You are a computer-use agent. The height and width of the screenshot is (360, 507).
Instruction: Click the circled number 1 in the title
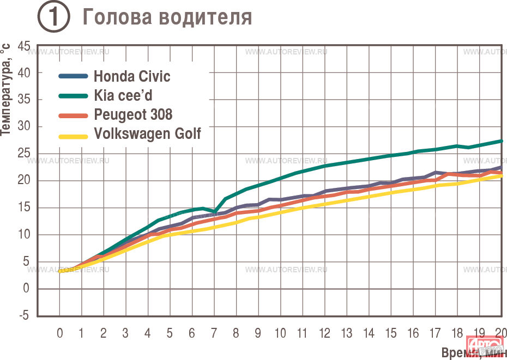(x=53, y=17)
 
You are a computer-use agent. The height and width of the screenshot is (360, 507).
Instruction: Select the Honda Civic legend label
(x=132, y=76)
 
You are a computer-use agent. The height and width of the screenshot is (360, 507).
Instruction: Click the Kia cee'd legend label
(x=123, y=95)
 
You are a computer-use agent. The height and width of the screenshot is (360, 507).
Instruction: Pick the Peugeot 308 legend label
(x=133, y=114)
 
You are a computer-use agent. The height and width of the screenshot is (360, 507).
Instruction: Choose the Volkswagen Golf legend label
(x=147, y=133)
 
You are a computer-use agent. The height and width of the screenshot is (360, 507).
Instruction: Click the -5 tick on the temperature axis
(x=25, y=316)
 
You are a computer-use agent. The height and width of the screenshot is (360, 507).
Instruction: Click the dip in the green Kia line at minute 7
(x=215, y=211)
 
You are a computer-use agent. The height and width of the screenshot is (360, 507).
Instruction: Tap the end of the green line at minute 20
(x=501, y=141)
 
